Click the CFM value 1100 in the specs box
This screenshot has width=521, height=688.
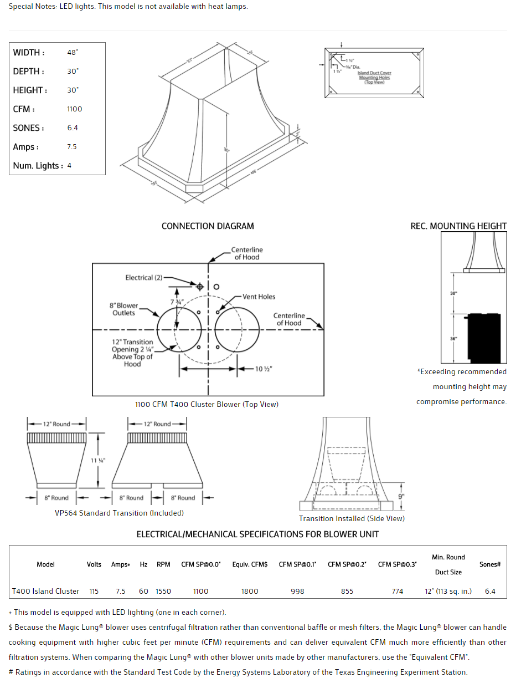[x=74, y=109]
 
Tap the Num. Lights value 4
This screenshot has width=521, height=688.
[x=69, y=166]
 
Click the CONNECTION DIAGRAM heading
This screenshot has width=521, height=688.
[x=208, y=226]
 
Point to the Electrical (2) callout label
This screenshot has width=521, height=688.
[x=143, y=278]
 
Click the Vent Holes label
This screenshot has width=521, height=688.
[x=259, y=297]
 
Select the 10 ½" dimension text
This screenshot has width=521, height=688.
[x=262, y=369]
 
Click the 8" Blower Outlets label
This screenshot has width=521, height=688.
[x=124, y=309]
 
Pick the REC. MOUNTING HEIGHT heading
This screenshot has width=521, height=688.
[x=458, y=226]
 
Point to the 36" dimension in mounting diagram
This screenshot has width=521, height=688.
[x=453, y=339]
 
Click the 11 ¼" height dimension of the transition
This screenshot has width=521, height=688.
[x=98, y=460]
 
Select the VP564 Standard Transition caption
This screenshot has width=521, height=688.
[x=119, y=513]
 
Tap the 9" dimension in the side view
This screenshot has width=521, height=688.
[x=401, y=497]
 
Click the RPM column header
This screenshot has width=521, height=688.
[x=163, y=564]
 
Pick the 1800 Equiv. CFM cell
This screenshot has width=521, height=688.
[x=250, y=592]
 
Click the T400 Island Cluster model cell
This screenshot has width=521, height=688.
[x=46, y=592]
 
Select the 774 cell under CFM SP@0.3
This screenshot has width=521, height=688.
[x=398, y=592]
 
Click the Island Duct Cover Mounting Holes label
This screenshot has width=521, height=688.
[x=374, y=78]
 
